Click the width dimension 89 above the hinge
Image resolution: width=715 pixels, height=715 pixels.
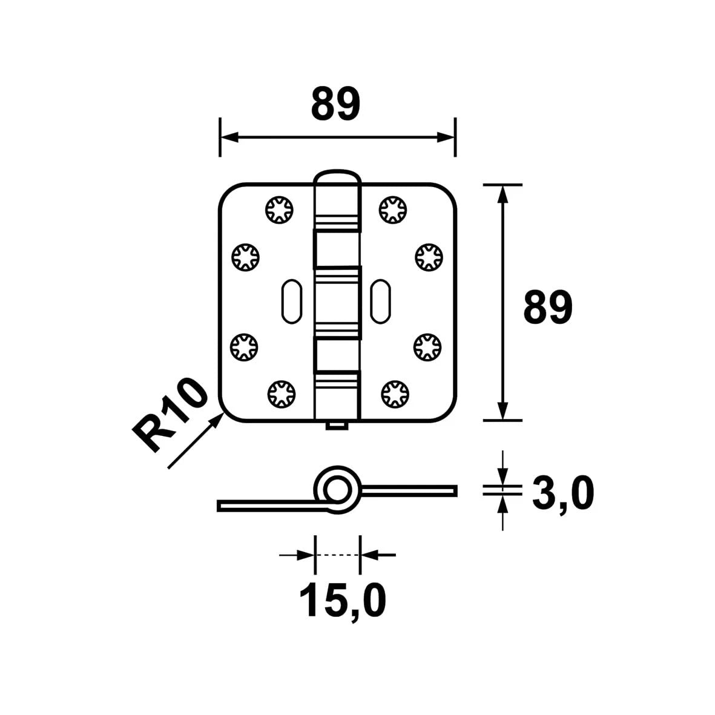(336, 104)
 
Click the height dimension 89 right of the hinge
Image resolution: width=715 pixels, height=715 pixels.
(547, 308)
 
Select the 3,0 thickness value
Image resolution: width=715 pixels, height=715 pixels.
(562, 494)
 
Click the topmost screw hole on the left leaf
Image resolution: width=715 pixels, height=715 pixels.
(279, 209)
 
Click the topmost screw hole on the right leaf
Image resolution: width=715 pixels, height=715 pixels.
(393, 209)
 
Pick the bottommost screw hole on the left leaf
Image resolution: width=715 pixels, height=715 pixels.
(279, 394)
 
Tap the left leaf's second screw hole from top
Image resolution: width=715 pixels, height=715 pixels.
(245, 257)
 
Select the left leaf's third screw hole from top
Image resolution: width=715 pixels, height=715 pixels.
(245, 347)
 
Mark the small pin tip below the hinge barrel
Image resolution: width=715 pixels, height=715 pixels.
(337, 427)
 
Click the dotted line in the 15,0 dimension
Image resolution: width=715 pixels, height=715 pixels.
(337, 555)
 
